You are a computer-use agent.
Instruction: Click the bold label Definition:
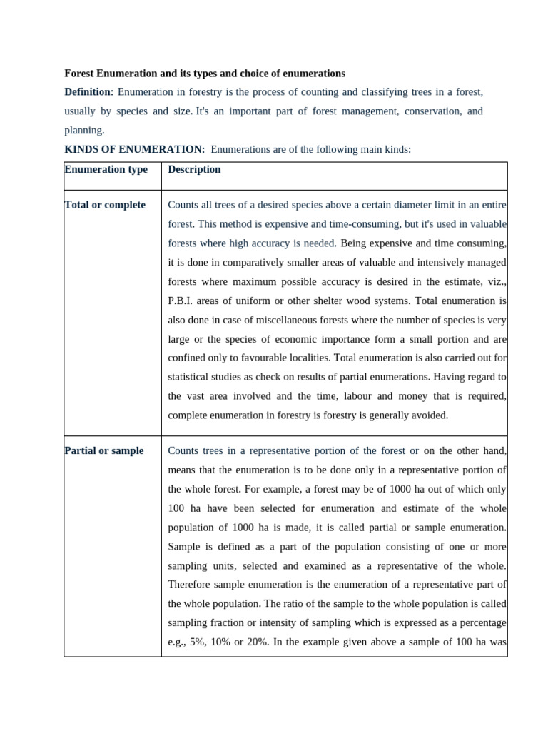[89, 92]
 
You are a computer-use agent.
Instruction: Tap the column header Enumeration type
[106, 169]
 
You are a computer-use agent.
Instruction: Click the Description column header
[194, 169]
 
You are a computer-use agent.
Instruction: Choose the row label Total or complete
[105, 205]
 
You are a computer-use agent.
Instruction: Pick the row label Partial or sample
[104, 450]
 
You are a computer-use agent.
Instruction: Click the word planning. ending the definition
[84, 130]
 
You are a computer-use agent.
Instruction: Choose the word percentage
[481, 622]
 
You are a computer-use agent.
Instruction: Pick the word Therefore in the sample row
[191, 584]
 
